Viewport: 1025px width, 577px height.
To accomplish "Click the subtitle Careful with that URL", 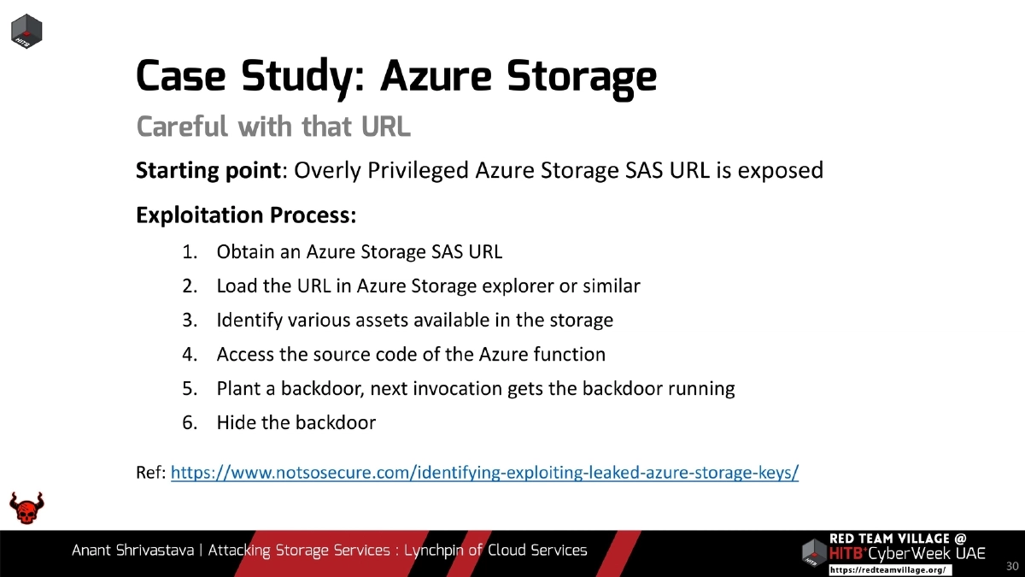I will pyautogui.click(x=273, y=127).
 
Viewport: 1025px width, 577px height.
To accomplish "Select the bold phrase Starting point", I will pyautogui.click(x=208, y=171).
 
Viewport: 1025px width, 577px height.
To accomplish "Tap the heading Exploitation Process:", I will pyautogui.click(x=246, y=215).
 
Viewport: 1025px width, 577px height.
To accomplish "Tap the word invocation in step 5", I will pyautogui.click(x=457, y=389).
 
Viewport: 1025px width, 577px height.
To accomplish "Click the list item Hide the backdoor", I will pyautogui.click(x=296, y=423).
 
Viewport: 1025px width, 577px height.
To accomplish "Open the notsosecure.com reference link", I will pyautogui.click(x=484, y=473).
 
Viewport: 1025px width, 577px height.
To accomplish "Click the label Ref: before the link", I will pyautogui.click(x=151, y=473).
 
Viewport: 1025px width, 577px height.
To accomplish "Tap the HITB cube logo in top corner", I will pyautogui.click(x=26, y=32).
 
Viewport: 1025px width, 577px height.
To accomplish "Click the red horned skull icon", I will pyautogui.click(x=26, y=509).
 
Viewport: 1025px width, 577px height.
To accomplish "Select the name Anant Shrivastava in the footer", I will pyautogui.click(x=132, y=551).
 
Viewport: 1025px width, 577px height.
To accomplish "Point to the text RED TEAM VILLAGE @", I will pyautogui.click(x=898, y=539).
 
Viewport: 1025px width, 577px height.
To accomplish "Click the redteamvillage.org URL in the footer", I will pyautogui.click(x=887, y=569).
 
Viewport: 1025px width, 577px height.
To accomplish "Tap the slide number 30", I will pyautogui.click(x=1012, y=566).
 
